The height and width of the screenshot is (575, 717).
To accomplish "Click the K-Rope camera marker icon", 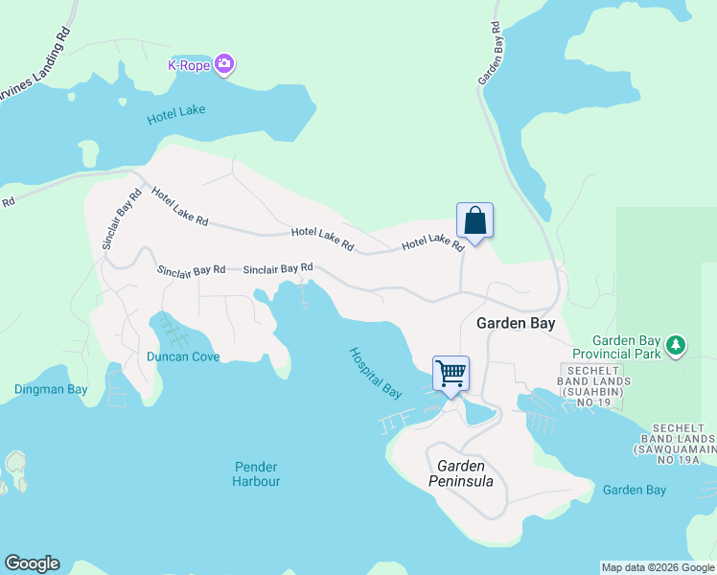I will [x=225, y=64].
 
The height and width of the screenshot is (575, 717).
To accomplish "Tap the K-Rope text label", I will [x=188, y=65].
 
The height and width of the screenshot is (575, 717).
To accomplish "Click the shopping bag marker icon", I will [x=474, y=221].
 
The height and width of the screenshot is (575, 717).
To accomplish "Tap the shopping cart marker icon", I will [x=451, y=373].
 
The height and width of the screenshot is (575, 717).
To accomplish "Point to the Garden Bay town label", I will [x=516, y=324].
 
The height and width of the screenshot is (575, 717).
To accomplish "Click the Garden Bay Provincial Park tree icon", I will [x=676, y=344].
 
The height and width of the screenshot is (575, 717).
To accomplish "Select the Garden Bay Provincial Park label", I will [x=627, y=347].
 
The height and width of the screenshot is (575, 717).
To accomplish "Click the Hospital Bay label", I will [x=376, y=373].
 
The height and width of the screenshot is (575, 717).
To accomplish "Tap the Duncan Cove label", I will [x=183, y=356].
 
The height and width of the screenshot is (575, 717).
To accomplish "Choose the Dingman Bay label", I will [x=51, y=389].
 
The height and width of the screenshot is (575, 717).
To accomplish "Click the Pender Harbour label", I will [x=256, y=473].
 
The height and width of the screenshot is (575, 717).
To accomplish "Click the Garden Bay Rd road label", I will [x=492, y=54].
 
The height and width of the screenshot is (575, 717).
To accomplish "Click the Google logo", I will [x=32, y=563].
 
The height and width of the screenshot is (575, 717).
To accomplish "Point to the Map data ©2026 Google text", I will [x=657, y=567].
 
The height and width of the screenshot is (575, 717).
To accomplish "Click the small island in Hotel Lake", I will [x=88, y=154].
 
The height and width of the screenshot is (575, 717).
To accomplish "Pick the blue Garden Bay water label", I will [x=634, y=490].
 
